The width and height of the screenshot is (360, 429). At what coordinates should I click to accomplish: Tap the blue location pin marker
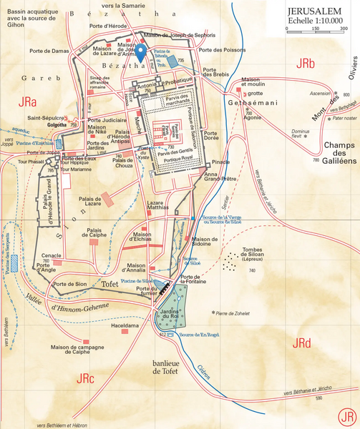[142, 52]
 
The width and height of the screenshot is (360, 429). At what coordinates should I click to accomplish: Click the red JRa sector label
[29, 100]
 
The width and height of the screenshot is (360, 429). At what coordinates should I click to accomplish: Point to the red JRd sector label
[301, 344]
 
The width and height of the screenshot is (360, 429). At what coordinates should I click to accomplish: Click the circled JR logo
[347, 415]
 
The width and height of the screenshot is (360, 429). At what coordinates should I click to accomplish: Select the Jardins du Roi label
[170, 312]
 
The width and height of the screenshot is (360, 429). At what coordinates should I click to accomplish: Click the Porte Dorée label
[210, 137]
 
